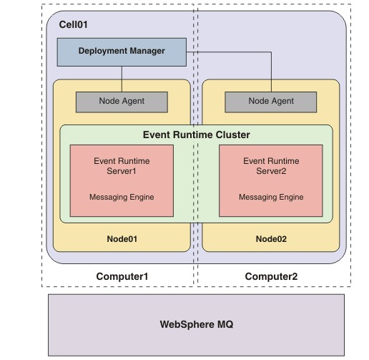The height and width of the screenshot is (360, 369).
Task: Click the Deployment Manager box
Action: tap(122, 52)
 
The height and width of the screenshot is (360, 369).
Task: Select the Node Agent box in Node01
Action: tap(122, 102)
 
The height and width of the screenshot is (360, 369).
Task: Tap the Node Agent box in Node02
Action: tap(271, 102)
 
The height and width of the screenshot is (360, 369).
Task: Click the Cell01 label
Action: tap(73, 24)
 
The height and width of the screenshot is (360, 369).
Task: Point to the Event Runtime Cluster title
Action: tap(197, 135)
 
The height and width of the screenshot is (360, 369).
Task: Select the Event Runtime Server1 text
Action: tap(122, 166)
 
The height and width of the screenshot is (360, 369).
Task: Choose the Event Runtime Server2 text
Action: tap(271, 166)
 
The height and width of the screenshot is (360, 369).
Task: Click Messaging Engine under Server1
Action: tap(122, 197)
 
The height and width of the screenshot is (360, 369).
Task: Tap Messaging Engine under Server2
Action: tap(271, 197)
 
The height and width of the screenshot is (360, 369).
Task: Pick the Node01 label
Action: tap(122, 239)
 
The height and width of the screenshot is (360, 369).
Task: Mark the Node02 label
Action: tap(271, 239)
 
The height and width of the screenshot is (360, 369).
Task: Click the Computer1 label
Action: tap(122, 276)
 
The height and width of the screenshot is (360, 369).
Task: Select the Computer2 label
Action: tap(271, 276)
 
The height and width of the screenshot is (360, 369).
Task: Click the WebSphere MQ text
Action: tap(197, 324)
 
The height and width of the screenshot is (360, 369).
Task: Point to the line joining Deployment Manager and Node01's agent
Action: tap(122, 79)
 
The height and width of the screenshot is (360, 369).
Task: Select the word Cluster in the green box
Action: tap(232, 135)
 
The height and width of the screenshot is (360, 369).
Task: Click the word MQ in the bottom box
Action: tap(225, 324)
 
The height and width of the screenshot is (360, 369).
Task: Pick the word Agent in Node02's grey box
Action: tap(282, 101)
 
